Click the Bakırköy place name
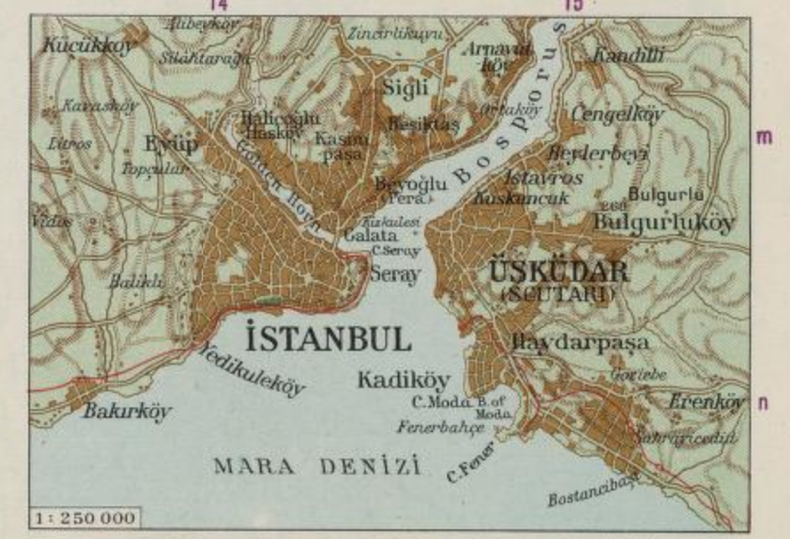[x=128, y=412]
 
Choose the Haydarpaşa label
[x=580, y=341]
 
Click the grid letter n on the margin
[x=763, y=402]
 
